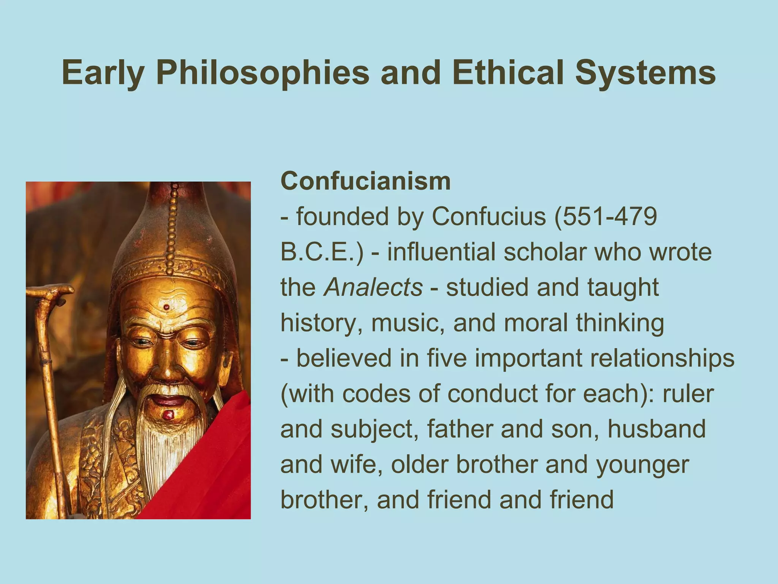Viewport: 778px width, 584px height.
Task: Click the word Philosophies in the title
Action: (x=262, y=73)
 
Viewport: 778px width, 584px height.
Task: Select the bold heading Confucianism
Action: (x=365, y=181)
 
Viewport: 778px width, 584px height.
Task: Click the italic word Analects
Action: (x=373, y=287)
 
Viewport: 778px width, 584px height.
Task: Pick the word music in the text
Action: (x=407, y=323)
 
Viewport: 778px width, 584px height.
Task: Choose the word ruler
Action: (x=688, y=394)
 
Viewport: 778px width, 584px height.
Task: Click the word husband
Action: (x=656, y=429)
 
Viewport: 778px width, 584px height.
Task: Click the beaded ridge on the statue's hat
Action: (x=172, y=228)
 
